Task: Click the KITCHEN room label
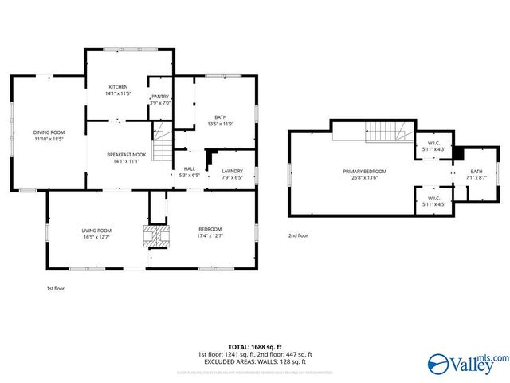118,87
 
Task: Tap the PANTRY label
160,96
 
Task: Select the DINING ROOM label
48,132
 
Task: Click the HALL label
190,168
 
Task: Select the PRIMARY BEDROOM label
364,172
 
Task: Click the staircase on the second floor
390,131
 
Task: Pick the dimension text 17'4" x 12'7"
210,235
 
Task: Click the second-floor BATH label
476,172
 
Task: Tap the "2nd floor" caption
299,235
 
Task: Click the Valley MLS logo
467,365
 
